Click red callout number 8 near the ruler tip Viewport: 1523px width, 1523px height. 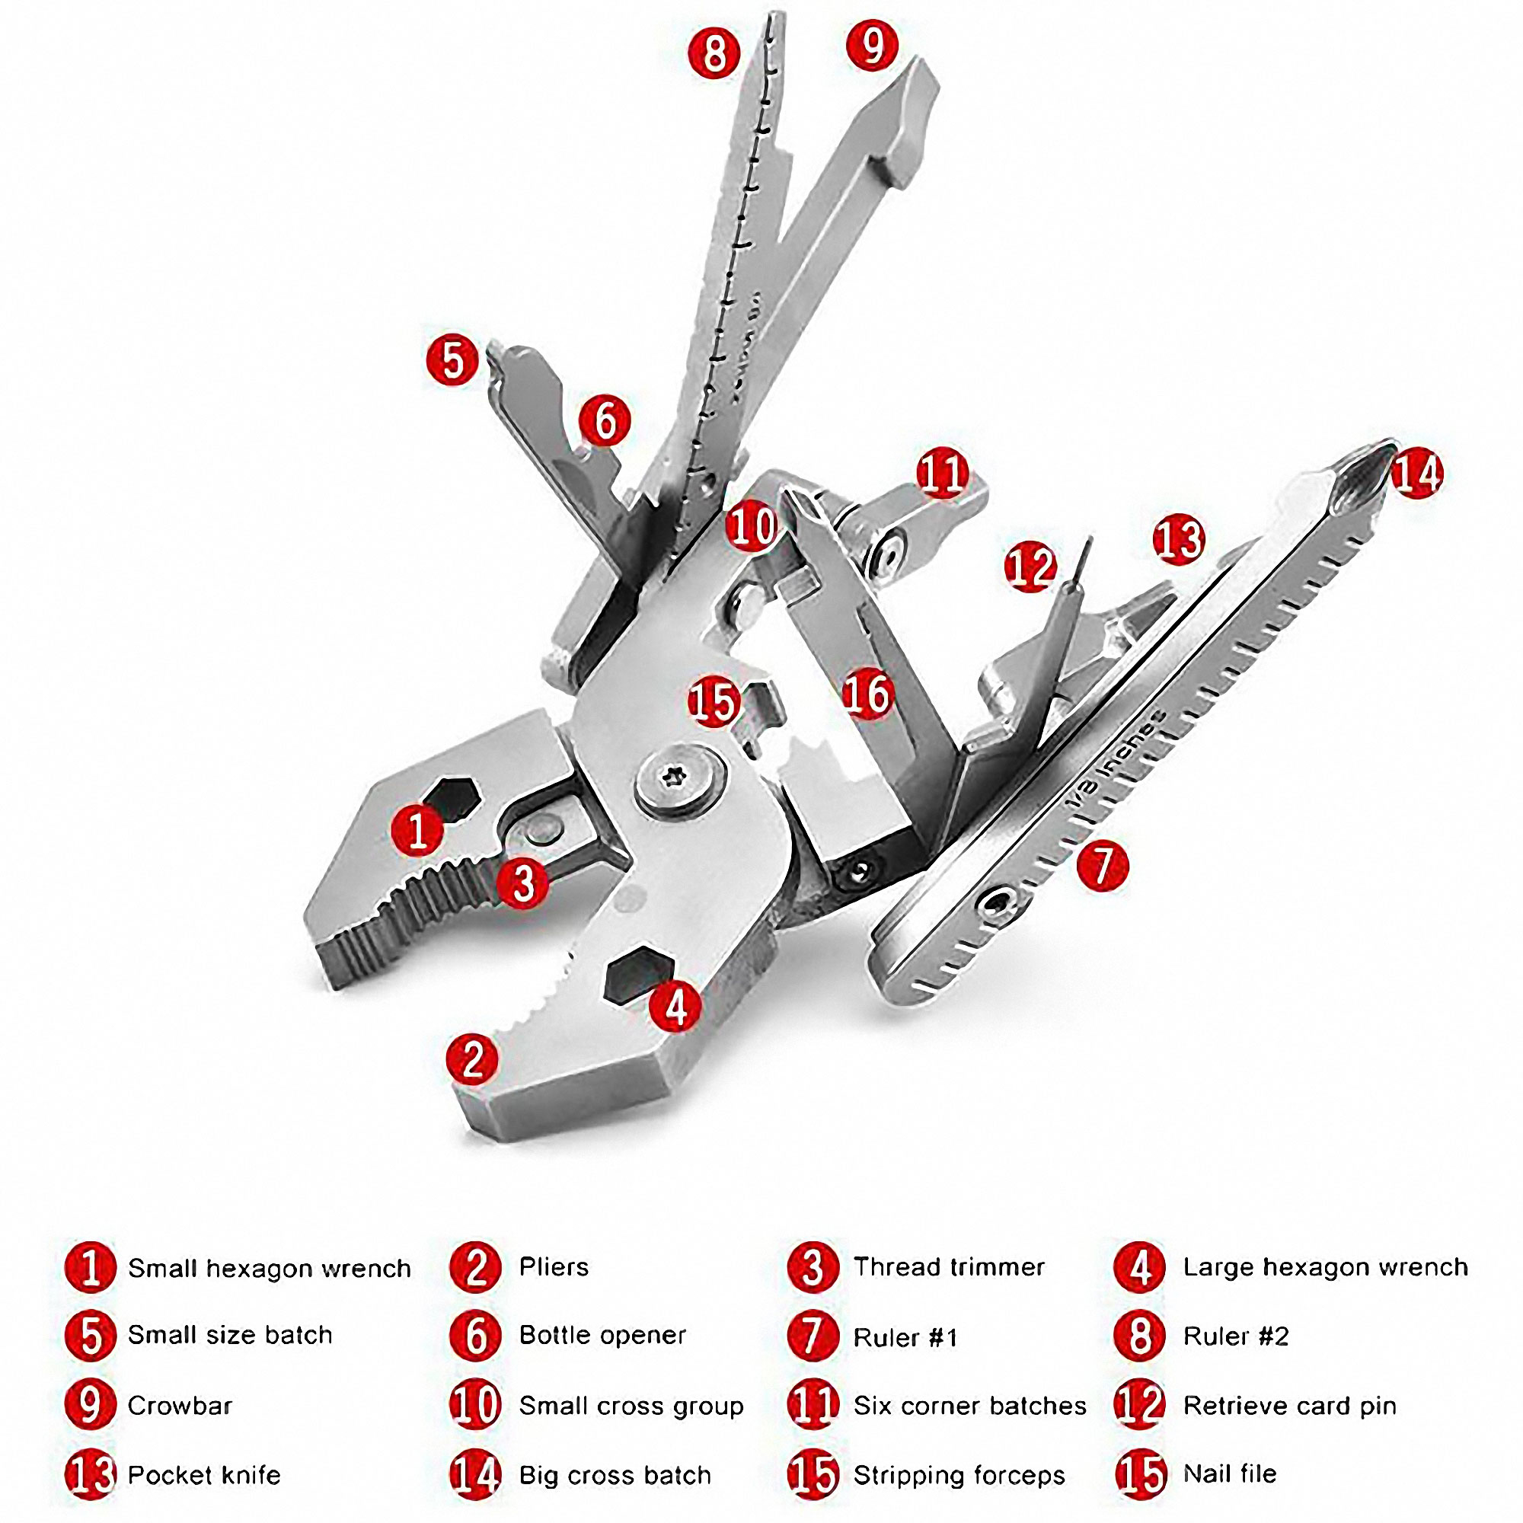pyautogui.click(x=714, y=53)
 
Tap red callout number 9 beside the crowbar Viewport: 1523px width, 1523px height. pyautogui.click(x=872, y=46)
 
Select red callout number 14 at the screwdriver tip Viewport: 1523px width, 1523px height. pyautogui.click(x=1416, y=474)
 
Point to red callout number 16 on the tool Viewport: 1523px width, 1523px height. pyautogui.click(x=867, y=694)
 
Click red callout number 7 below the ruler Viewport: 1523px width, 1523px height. pyautogui.click(x=1102, y=866)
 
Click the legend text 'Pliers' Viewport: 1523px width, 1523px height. pyautogui.click(x=554, y=1267)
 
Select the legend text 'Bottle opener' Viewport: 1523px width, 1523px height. pyautogui.click(x=602, y=1335)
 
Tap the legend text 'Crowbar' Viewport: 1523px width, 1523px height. pyautogui.click(x=180, y=1405)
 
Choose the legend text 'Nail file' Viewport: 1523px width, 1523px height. pyautogui.click(x=1229, y=1474)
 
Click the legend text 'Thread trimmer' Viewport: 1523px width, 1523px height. pyautogui.click(x=948, y=1267)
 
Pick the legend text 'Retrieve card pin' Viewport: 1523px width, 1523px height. pyautogui.click(x=1289, y=1405)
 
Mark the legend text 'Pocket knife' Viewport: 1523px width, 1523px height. pyautogui.click(x=203, y=1475)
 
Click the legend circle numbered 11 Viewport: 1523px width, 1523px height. pyautogui.click(x=813, y=1405)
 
